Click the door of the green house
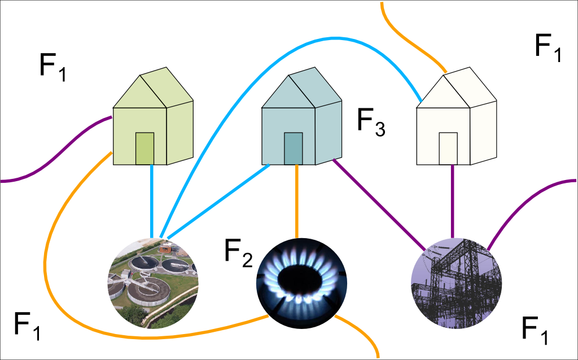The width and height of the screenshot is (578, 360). (x=145, y=148)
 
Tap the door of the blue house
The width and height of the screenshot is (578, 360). (x=294, y=148)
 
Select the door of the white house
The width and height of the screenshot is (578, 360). (x=448, y=148)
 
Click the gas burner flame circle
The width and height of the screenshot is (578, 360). (x=301, y=283)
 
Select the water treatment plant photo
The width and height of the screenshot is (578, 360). (x=153, y=283)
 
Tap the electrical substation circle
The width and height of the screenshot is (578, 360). (x=456, y=283)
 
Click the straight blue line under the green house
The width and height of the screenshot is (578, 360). (x=151, y=201)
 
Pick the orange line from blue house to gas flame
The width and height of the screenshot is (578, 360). (x=297, y=201)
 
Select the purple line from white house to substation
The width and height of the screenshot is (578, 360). (x=452, y=201)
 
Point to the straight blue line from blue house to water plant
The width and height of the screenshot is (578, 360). (x=218, y=201)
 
